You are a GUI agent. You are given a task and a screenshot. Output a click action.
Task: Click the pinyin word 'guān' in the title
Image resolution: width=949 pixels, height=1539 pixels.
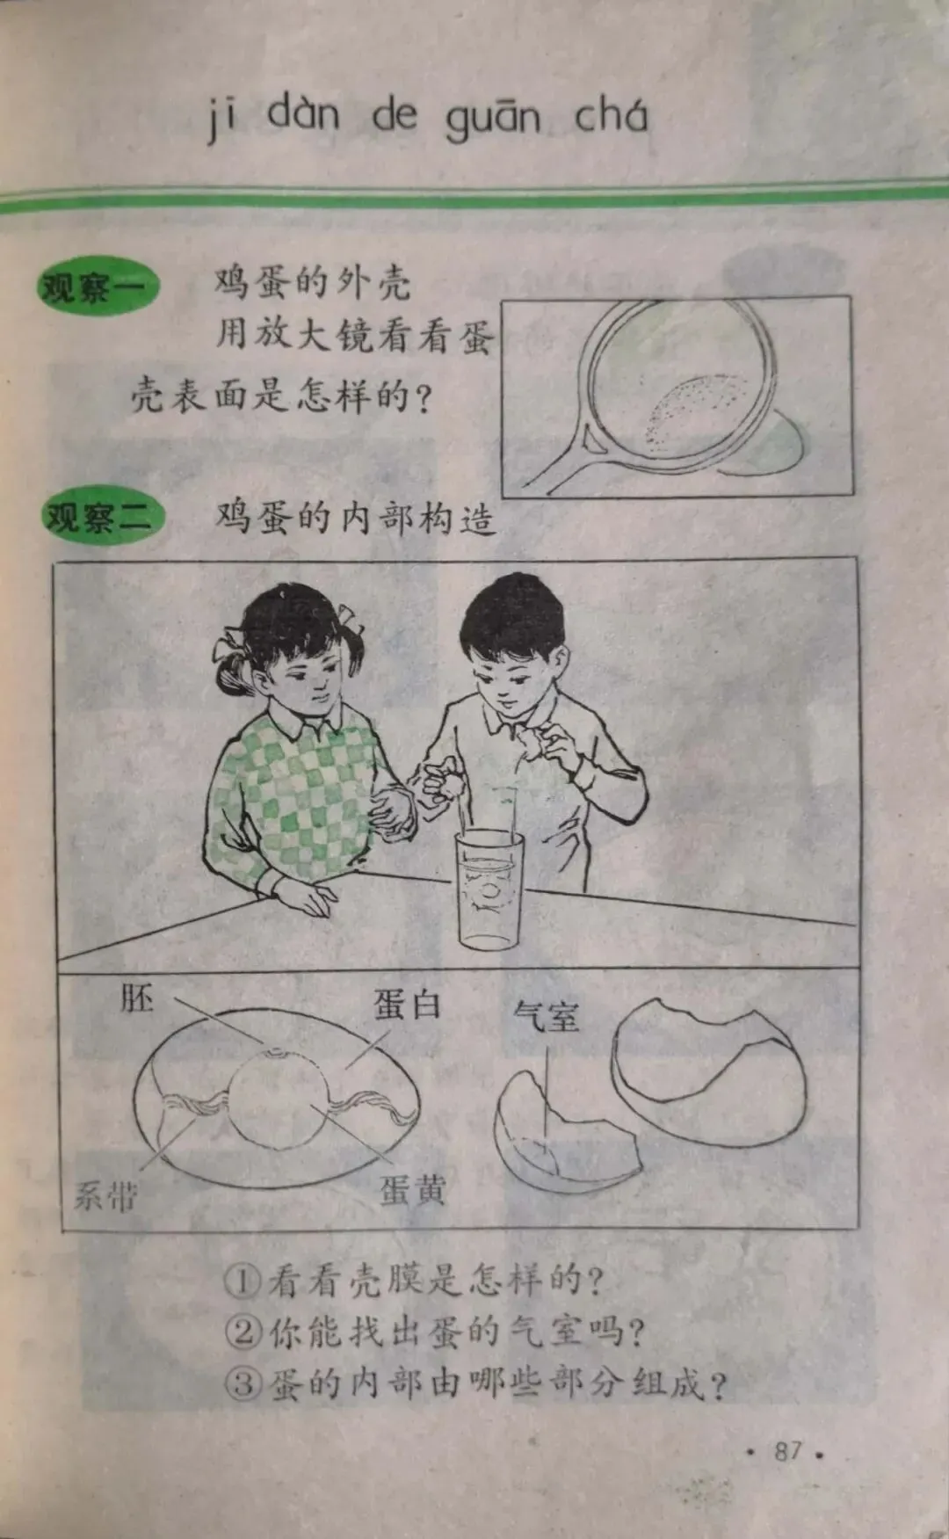click(x=492, y=120)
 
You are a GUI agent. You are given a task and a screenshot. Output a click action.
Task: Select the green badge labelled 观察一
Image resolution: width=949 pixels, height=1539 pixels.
click(x=98, y=286)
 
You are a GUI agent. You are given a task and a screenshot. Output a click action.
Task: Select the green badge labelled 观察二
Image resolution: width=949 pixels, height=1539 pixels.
click(x=103, y=516)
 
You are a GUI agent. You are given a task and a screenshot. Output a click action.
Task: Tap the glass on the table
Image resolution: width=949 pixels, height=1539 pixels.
click(x=488, y=889)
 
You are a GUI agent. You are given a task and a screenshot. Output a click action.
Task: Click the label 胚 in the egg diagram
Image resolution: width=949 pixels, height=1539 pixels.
click(x=137, y=999)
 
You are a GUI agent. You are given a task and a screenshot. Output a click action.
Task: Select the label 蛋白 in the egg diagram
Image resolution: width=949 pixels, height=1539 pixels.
click(x=407, y=1004)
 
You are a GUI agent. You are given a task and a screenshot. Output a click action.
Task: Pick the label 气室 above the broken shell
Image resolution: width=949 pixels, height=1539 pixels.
click(x=547, y=1017)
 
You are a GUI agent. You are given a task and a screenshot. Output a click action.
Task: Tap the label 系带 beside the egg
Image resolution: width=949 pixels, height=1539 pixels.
click(x=105, y=1195)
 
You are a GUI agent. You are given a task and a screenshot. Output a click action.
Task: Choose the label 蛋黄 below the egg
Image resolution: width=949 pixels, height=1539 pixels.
click(x=413, y=1190)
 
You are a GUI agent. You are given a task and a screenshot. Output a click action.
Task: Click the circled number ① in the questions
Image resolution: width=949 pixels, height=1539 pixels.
click(x=242, y=1281)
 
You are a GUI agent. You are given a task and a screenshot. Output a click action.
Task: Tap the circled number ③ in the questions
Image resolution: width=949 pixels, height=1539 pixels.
click(x=243, y=1384)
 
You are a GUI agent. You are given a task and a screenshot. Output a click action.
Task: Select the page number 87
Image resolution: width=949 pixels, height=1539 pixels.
click(x=788, y=1450)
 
